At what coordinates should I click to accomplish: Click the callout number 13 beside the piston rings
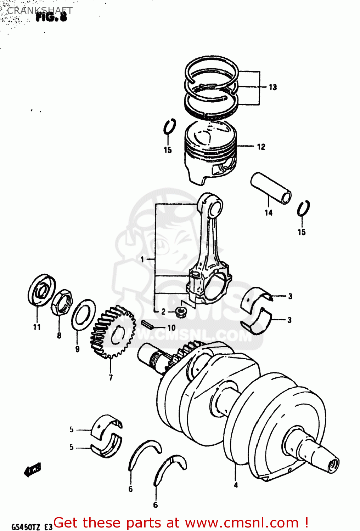pos(272,87)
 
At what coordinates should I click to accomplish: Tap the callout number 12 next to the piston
pos(261,147)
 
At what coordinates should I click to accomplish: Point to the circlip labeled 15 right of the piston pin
pos(303,209)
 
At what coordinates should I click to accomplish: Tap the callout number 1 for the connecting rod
pos(142,259)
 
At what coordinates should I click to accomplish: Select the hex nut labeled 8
pos(62,303)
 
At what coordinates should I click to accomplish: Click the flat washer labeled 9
pos(83,314)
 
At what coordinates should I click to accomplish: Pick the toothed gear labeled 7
pos(113,332)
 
